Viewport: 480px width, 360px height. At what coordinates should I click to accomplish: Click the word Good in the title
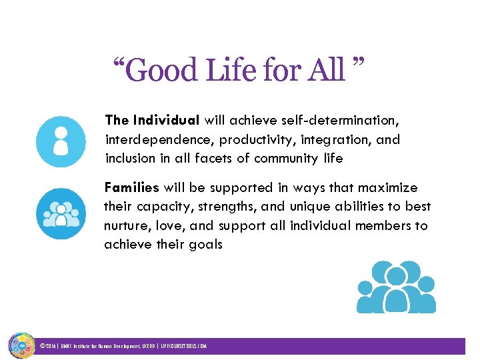pyautogui.click(x=159, y=70)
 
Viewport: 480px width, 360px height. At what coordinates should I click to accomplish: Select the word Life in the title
pyautogui.click(x=225, y=70)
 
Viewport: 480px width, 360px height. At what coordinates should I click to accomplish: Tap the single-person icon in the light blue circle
pyautogui.click(x=61, y=142)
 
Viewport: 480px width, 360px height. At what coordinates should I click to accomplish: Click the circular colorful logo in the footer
pyautogui.click(x=21, y=346)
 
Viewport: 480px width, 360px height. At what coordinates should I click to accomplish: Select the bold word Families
pyautogui.click(x=131, y=188)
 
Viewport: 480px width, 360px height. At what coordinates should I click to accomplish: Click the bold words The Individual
pyautogui.click(x=152, y=121)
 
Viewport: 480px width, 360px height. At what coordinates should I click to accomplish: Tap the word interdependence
pyautogui.click(x=159, y=139)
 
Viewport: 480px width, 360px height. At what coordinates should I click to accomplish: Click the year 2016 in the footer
pyautogui.click(x=51, y=347)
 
